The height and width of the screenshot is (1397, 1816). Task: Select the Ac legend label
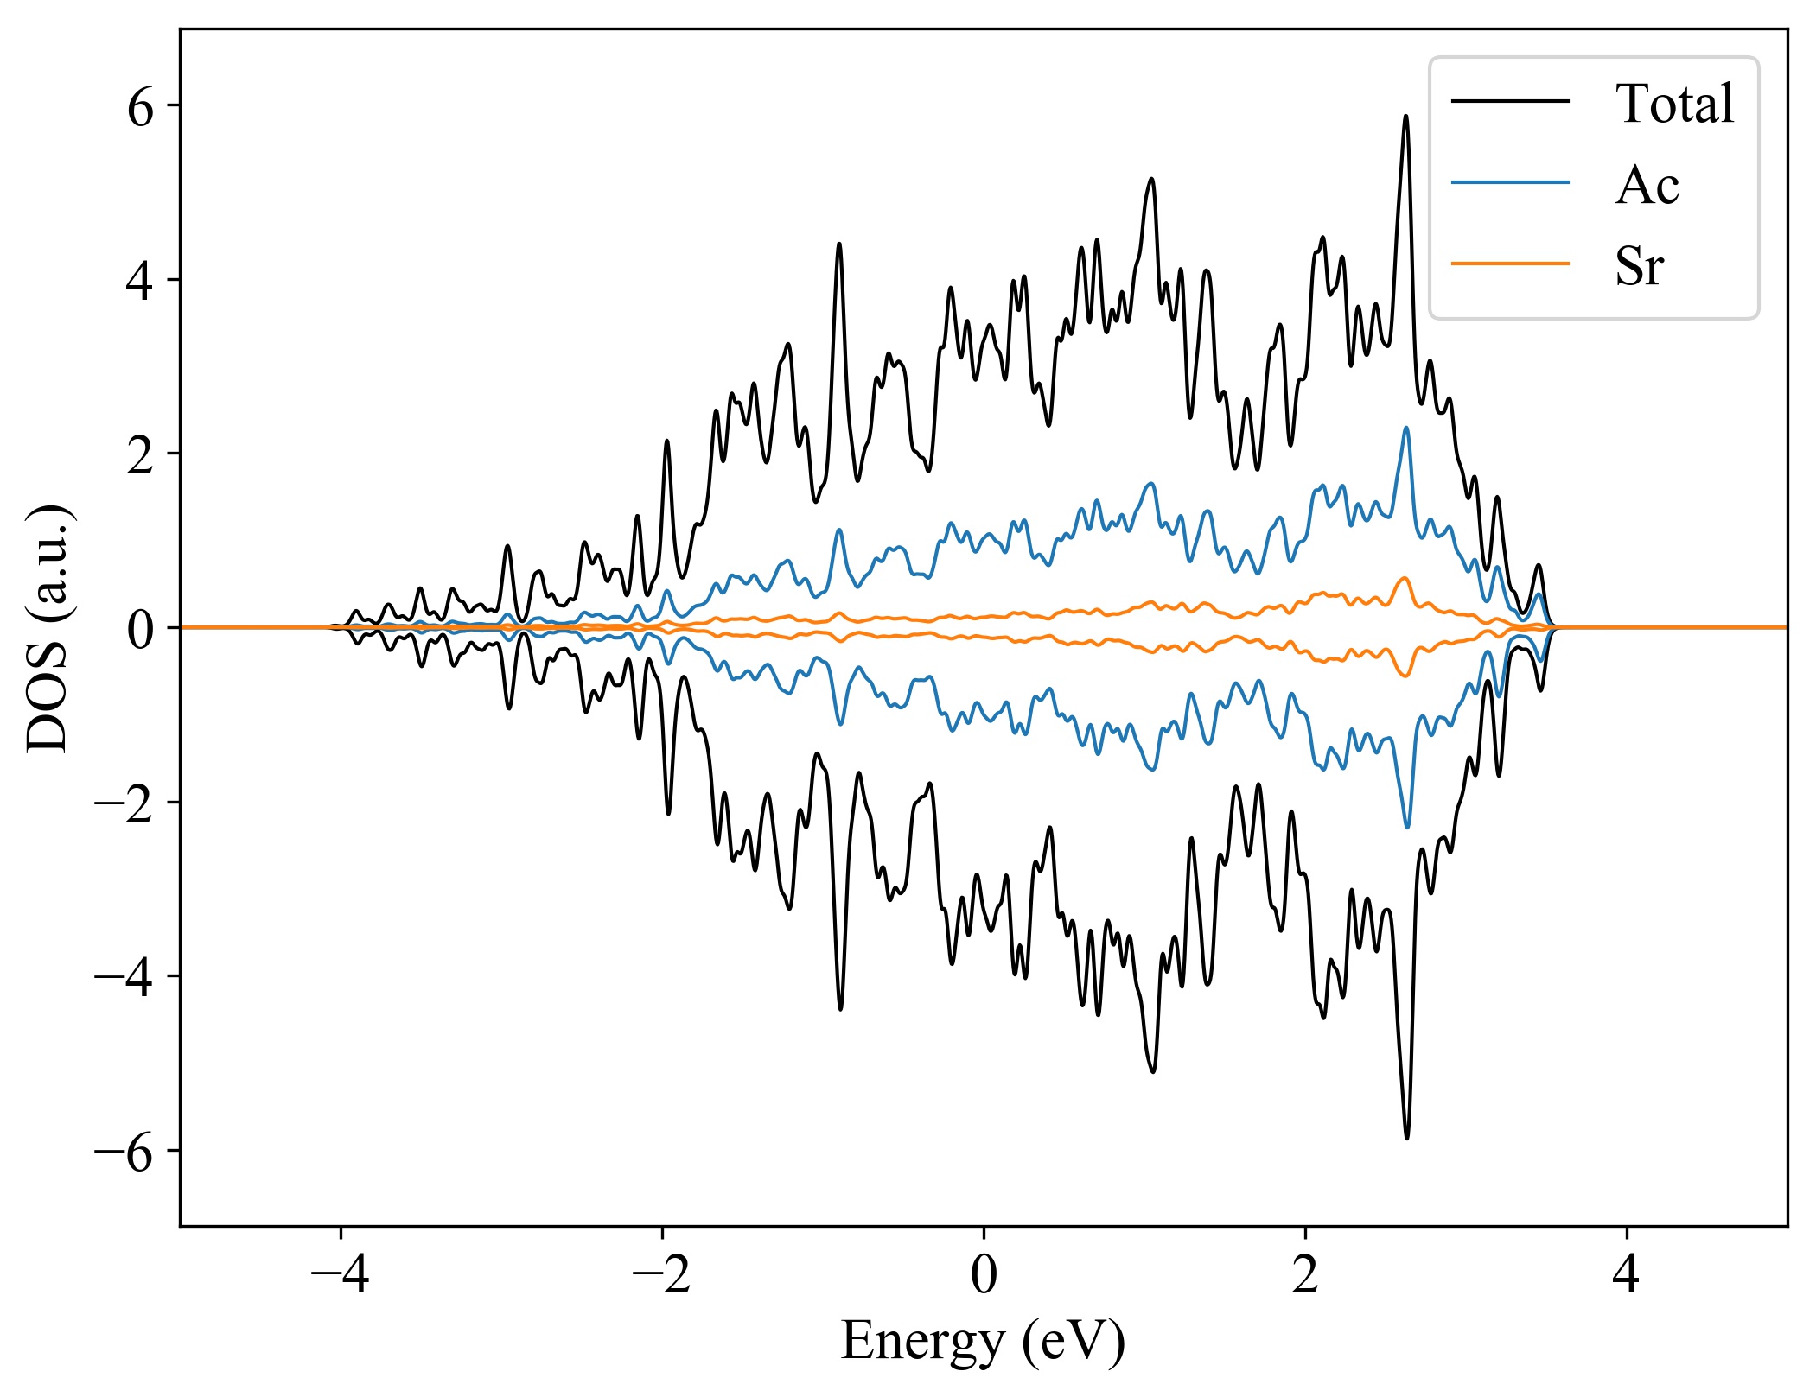point(1647,185)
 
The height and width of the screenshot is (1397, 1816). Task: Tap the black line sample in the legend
point(1509,102)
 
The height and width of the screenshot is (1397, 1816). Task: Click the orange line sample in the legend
point(1509,263)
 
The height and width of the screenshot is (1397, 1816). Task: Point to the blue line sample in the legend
point(1509,182)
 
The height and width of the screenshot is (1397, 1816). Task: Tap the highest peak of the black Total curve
point(1405,117)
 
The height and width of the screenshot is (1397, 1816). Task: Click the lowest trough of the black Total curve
point(1406,1138)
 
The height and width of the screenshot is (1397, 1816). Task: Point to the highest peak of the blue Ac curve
point(1406,428)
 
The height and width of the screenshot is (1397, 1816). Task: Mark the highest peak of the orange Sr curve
point(1405,578)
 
